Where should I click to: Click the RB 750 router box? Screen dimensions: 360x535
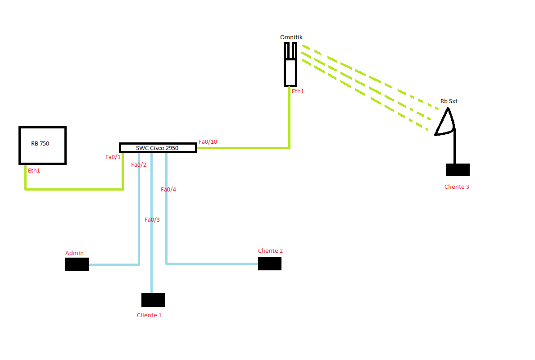pos(42,145)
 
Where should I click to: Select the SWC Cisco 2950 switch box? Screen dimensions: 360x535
pos(158,148)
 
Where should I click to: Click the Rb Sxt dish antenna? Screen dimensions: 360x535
pos(445,122)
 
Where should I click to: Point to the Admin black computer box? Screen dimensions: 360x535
pos(77,264)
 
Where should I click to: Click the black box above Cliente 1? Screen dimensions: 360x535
pos(153,300)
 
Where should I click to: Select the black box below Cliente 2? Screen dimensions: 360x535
pos(269,264)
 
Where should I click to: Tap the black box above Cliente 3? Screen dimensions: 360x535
pos(458,170)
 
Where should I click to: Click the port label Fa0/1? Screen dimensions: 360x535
pos(113,157)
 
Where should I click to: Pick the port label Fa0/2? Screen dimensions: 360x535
pos(139,165)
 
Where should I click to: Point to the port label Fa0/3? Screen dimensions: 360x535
pos(152,220)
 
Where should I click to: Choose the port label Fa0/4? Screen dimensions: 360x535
pos(168,190)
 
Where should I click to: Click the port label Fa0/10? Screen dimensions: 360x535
pos(208,142)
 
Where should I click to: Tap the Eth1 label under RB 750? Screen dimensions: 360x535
pos(34,171)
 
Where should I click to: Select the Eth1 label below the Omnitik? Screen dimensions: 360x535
pos(298,91)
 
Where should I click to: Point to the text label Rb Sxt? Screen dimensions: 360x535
pos(449,101)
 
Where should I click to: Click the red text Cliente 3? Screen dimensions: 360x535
pos(457,187)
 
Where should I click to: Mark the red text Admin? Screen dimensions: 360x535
pos(74,253)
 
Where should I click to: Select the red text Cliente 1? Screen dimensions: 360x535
pos(149,315)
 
